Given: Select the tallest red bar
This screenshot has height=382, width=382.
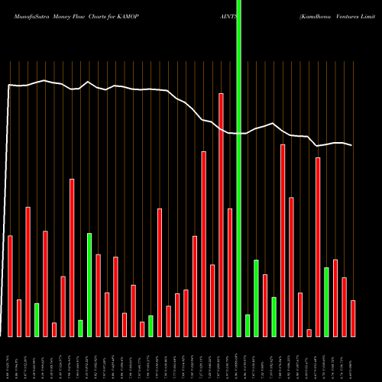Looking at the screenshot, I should click(x=222, y=215).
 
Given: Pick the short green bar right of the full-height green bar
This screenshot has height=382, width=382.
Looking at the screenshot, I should click(x=248, y=325).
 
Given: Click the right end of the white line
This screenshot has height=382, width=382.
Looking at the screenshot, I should click(x=352, y=145).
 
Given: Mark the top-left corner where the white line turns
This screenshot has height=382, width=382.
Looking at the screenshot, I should click(x=9, y=85).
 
